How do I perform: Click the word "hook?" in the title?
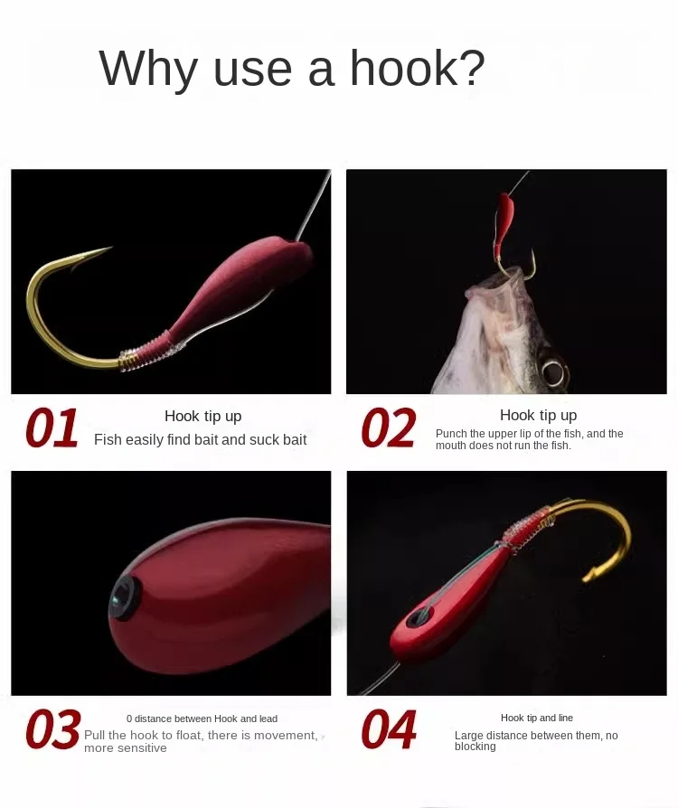[x=417, y=68]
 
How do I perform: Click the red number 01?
[x=52, y=427]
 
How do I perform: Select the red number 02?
[x=388, y=427]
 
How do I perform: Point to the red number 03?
[x=53, y=728]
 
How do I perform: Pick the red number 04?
[x=389, y=728]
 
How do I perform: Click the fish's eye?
[x=553, y=370]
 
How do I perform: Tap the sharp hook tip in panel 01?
[x=110, y=248]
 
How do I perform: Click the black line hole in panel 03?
[x=125, y=597]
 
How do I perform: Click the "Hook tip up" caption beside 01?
[x=203, y=416]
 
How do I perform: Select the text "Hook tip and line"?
[x=537, y=718]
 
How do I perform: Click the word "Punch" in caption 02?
[x=451, y=434]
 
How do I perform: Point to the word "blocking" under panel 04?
[x=475, y=747]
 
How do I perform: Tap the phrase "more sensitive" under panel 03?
[x=126, y=747]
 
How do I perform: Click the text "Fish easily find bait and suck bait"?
[x=200, y=439]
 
